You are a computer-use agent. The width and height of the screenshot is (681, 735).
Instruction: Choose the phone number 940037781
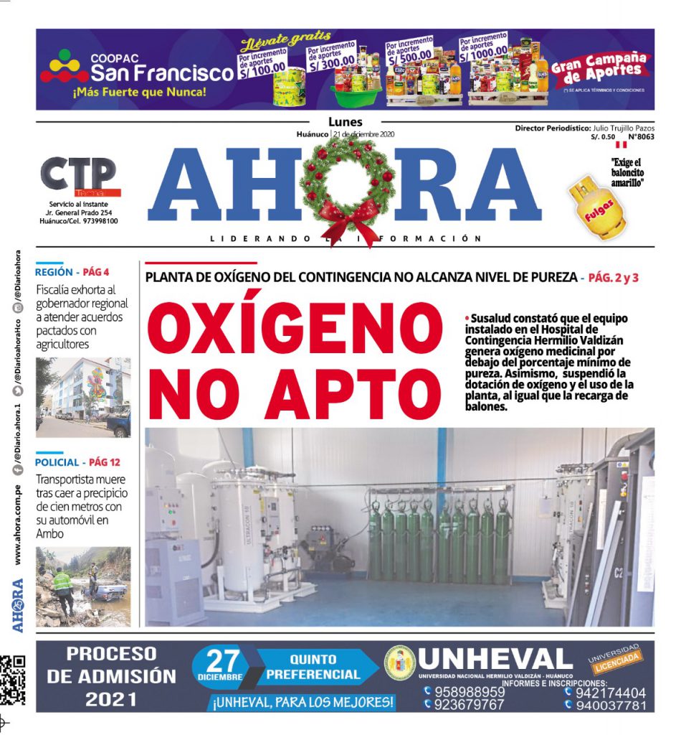[x=610, y=706]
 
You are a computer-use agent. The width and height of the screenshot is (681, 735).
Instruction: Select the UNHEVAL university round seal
[x=400, y=663]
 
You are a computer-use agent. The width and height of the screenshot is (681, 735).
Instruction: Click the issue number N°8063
[x=641, y=136]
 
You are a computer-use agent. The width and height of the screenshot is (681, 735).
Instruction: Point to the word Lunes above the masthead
[x=346, y=122]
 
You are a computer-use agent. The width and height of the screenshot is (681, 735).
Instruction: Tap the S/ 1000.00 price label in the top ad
[x=483, y=47]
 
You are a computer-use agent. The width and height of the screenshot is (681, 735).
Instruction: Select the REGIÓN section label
[x=54, y=272]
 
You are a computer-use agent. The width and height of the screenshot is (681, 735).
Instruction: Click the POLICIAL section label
[x=57, y=462]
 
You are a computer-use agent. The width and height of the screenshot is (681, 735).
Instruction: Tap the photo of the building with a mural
[x=83, y=397]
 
